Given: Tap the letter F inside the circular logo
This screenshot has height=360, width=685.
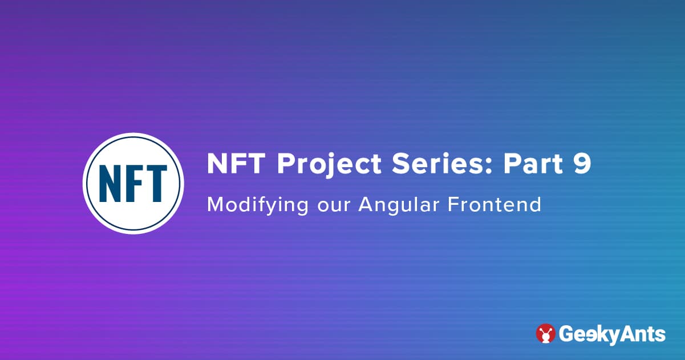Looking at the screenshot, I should (134, 184).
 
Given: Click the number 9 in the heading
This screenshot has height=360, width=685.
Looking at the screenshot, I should (582, 164).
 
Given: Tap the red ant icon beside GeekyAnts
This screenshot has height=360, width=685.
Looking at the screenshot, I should (546, 334).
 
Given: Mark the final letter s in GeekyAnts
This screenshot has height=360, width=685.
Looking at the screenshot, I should (660, 335).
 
